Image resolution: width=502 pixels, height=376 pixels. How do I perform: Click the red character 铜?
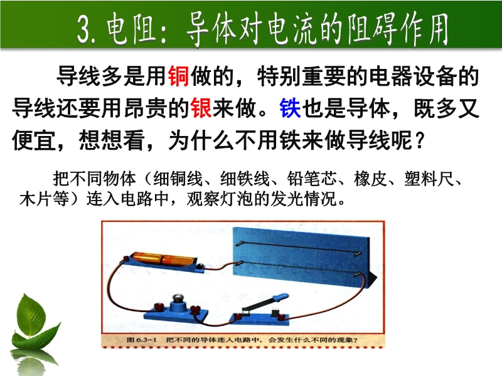(x=178, y=76)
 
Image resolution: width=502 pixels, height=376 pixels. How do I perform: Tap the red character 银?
(x=201, y=108)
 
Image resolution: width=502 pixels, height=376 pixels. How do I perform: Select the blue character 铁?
(x=290, y=108)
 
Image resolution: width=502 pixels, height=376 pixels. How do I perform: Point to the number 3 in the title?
(x=84, y=30)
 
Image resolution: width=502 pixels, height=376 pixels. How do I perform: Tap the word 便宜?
(x=33, y=140)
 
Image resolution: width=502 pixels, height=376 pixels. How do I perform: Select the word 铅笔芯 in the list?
(x=311, y=179)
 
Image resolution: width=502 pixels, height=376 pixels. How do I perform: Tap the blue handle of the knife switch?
(x=280, y=296)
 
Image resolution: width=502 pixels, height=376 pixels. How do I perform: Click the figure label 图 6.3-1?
(x=141, y=340)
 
